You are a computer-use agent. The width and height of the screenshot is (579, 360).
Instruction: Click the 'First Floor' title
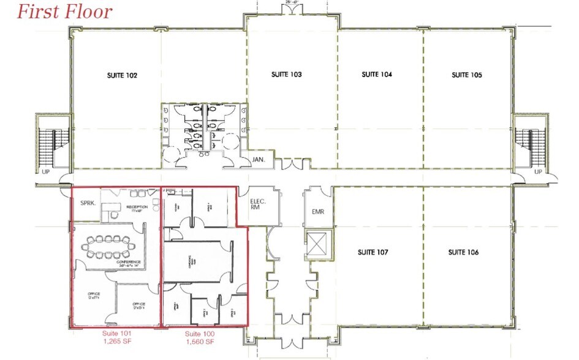[64, 11]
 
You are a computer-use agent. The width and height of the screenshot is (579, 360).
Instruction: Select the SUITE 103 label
[287, 75]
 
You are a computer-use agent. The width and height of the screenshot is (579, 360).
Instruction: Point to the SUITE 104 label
[377, 75]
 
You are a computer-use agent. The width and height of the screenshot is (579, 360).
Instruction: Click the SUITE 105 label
[467, 75]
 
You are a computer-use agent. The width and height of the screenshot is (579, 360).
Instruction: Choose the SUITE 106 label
[463, 252]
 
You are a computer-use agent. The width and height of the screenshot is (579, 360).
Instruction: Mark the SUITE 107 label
[373, 252]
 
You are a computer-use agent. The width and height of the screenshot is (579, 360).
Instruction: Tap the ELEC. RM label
[256, 204]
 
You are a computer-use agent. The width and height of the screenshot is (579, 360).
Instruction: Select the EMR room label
[317, 212]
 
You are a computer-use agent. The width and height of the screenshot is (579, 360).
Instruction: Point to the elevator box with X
[317, 245]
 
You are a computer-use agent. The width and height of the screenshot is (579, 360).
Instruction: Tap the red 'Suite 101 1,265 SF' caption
[116, 337]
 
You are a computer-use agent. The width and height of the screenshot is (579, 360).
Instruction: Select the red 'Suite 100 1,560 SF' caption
[199, 337]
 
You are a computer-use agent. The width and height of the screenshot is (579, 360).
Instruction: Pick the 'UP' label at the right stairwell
[538, 172]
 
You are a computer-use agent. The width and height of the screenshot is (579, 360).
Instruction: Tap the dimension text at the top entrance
[292, 2]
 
